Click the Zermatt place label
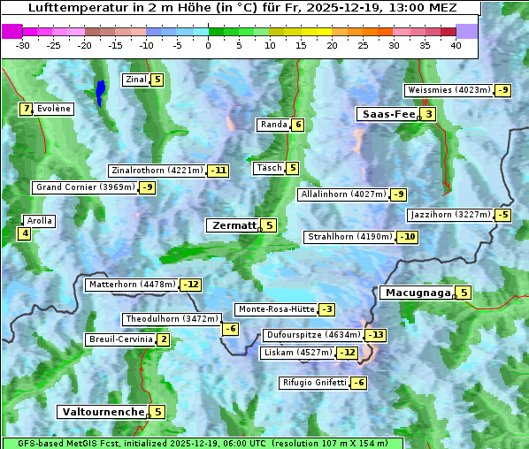[234, 225]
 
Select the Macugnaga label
[417, 293]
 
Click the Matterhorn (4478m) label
[132, 285]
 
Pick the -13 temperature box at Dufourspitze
[377, 335]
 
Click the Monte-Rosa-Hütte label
[275, 309]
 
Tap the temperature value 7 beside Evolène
[27, 109]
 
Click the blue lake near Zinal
[101, 91]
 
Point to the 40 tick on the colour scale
[456, 45]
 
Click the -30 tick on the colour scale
[24, 45]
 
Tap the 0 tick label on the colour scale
[209, 45]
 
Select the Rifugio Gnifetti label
[314, 383]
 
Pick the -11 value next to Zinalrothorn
[218, 171]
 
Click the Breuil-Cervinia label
[120, 339]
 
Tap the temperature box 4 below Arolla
[25, 233]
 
